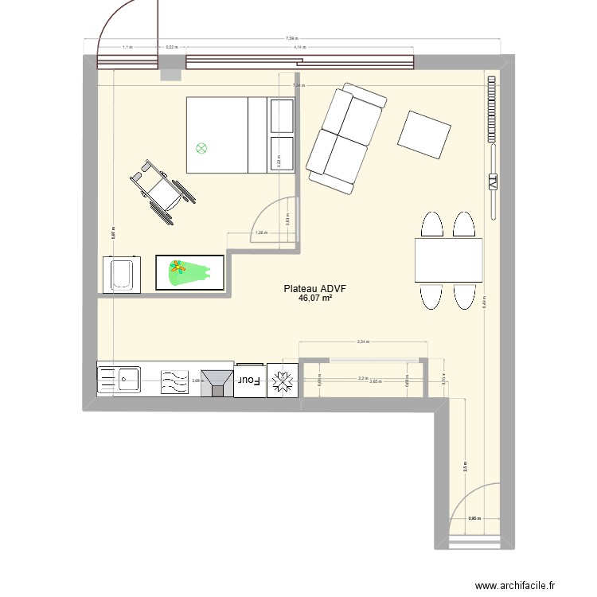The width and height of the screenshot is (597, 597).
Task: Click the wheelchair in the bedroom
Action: coord(163,189)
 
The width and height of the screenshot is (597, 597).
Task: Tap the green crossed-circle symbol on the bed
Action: coord(201,147)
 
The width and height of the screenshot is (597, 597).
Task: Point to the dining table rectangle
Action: coord(448,260)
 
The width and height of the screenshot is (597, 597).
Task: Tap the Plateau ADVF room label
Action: coord(314,290)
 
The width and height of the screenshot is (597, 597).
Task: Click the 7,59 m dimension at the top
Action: coord(291,38)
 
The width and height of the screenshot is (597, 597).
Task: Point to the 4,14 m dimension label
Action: coord(299,48)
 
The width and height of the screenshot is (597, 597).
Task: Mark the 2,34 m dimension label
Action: coord(362,341)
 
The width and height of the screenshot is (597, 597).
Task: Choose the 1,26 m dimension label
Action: coord(259,233)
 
